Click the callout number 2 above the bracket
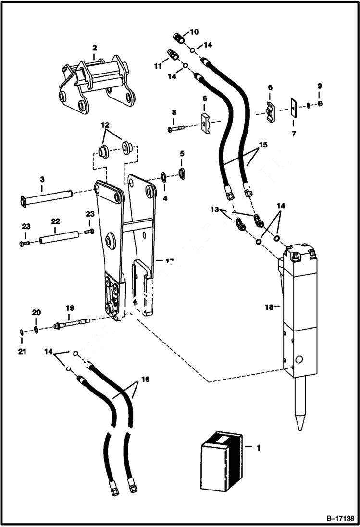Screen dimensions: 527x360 coord(94,48)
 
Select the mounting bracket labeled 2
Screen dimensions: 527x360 coord(96,86)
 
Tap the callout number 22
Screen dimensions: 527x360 coord(56,221)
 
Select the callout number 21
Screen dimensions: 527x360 coord(22,352)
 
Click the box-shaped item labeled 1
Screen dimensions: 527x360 coord(220,461)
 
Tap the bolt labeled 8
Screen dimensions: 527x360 coord(176,129)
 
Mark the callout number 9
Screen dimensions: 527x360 coord(319,86)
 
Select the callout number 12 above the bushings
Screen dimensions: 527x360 coord(105,124)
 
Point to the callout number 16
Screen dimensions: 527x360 coord(145,380)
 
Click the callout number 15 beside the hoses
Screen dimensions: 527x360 coord(262,145)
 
